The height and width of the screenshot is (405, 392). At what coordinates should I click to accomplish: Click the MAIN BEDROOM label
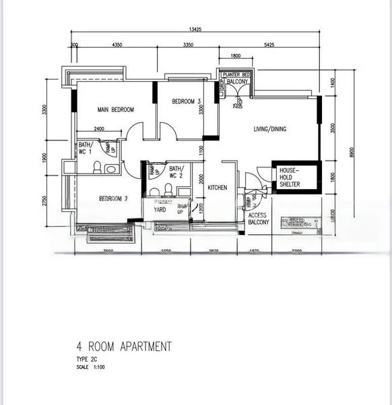[x=115, y=110]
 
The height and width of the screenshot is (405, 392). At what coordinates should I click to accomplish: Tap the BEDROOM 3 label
[x=186, y=102]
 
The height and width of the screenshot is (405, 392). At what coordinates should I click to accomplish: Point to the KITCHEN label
[x=218, y=188]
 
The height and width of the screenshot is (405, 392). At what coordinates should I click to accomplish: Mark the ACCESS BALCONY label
[x=259, y=219]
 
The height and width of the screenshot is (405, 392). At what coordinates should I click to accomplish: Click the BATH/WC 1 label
[x=85, y=148]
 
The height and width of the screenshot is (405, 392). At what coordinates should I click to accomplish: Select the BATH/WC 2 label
[x=176, y=172]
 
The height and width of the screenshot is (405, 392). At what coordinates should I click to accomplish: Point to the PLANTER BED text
[x=237, y=74]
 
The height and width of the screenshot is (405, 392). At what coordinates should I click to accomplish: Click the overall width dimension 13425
[x=195, y=30]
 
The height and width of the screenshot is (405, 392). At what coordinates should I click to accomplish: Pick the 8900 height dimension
[x=351, y=152]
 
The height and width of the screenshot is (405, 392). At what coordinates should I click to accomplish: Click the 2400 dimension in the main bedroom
[x=99, y=128]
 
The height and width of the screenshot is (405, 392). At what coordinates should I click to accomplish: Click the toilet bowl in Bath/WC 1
[x=96, y=167]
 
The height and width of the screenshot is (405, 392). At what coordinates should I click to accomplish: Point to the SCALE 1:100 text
[x=90, y=367]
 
